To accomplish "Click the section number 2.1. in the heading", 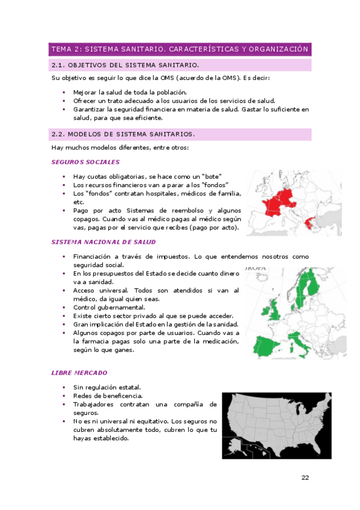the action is [x=58, y=65].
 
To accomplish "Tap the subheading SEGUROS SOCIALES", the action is [x=85, y=162].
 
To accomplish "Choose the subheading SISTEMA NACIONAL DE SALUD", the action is [x=103, y=242].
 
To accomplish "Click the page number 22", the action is [x=305, y=478].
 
